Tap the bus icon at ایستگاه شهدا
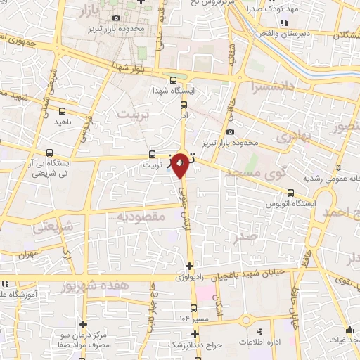[x=174, y=79]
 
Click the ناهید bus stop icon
[x=63, y=110]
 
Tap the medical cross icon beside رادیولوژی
[x=188, y=266]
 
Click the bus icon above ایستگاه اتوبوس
[x=291, y=193]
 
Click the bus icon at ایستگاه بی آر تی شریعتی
[x=49, y=151]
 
